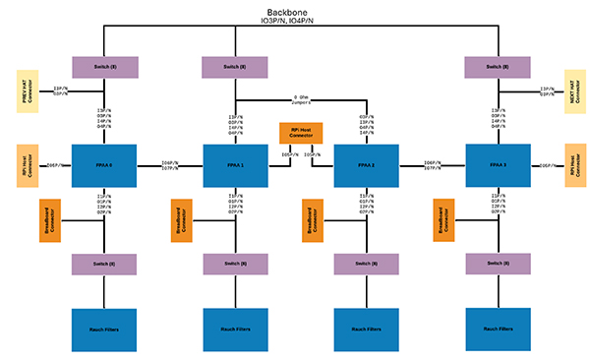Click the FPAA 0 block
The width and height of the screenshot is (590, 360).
coord(103,166)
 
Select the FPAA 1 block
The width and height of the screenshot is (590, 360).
coord(235,166)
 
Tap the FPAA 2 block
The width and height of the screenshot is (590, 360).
coord(366,166)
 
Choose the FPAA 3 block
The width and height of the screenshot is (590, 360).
coord(497,166)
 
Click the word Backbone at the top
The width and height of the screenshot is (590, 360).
coord(295,10)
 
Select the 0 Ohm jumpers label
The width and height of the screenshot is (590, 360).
coord(301,99)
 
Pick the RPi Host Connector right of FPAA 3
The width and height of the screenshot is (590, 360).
coord(574,165)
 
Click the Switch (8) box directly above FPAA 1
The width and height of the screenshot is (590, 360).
coord(235,67)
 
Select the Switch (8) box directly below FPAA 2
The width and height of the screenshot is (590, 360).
coord(366,265)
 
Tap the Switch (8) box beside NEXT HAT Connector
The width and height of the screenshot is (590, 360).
coord(497,67)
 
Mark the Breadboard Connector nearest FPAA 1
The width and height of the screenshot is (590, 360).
coord(181,221)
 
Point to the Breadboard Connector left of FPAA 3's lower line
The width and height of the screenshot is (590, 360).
coord(442,221)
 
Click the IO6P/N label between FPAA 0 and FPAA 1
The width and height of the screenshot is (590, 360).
coord(169,161)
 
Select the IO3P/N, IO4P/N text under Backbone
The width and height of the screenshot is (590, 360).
coord(295,20)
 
